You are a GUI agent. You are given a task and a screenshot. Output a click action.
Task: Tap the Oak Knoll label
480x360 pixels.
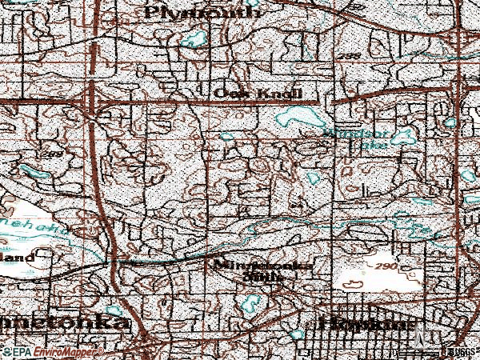(x=258, y=94)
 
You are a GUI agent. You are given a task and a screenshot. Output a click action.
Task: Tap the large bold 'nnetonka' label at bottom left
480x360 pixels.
(x=64, y=324)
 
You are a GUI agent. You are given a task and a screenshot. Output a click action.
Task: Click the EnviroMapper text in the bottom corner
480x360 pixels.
(x=60, y=351)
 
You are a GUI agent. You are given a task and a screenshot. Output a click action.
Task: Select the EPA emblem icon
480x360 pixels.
(x=6, y=351)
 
